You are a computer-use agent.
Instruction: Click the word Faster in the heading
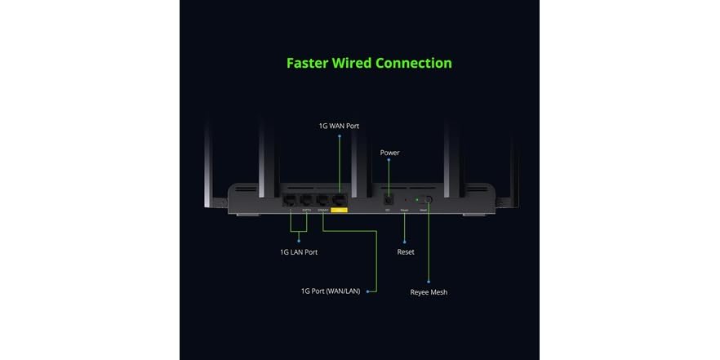pyautogui.click(x=308, y=63)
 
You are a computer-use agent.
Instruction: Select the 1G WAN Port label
pyautogui.click(x=339, y=126)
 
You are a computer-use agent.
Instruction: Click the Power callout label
pyautogui.click(x=389, y=153)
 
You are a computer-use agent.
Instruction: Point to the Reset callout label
pyautogui.click(x=406, y=252)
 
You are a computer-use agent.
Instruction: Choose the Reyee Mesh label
pyautogui.click(x=429, y=292)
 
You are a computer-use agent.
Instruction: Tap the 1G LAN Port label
pyautogui.click(x=299, y=252)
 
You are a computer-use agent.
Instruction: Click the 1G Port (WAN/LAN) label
pyautogui.click(x=331, y=291)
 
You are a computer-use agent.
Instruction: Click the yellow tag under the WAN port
pyautogui.click(x=340, y=211)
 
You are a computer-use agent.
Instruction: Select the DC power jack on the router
pyautogui.click(x=389, y=198)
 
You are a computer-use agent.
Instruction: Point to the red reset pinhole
pyautogui.click(x=406, y=199)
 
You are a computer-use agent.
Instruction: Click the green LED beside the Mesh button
pyautogui.click(x=416, y=199)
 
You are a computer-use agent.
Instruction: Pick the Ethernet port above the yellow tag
pyautogui.click(x=340, y=198)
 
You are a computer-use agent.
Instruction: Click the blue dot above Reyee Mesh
pyautogui.click(x=428, y=282)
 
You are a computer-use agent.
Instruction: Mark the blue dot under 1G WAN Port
pyautogui.click(x=340, y=136)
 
